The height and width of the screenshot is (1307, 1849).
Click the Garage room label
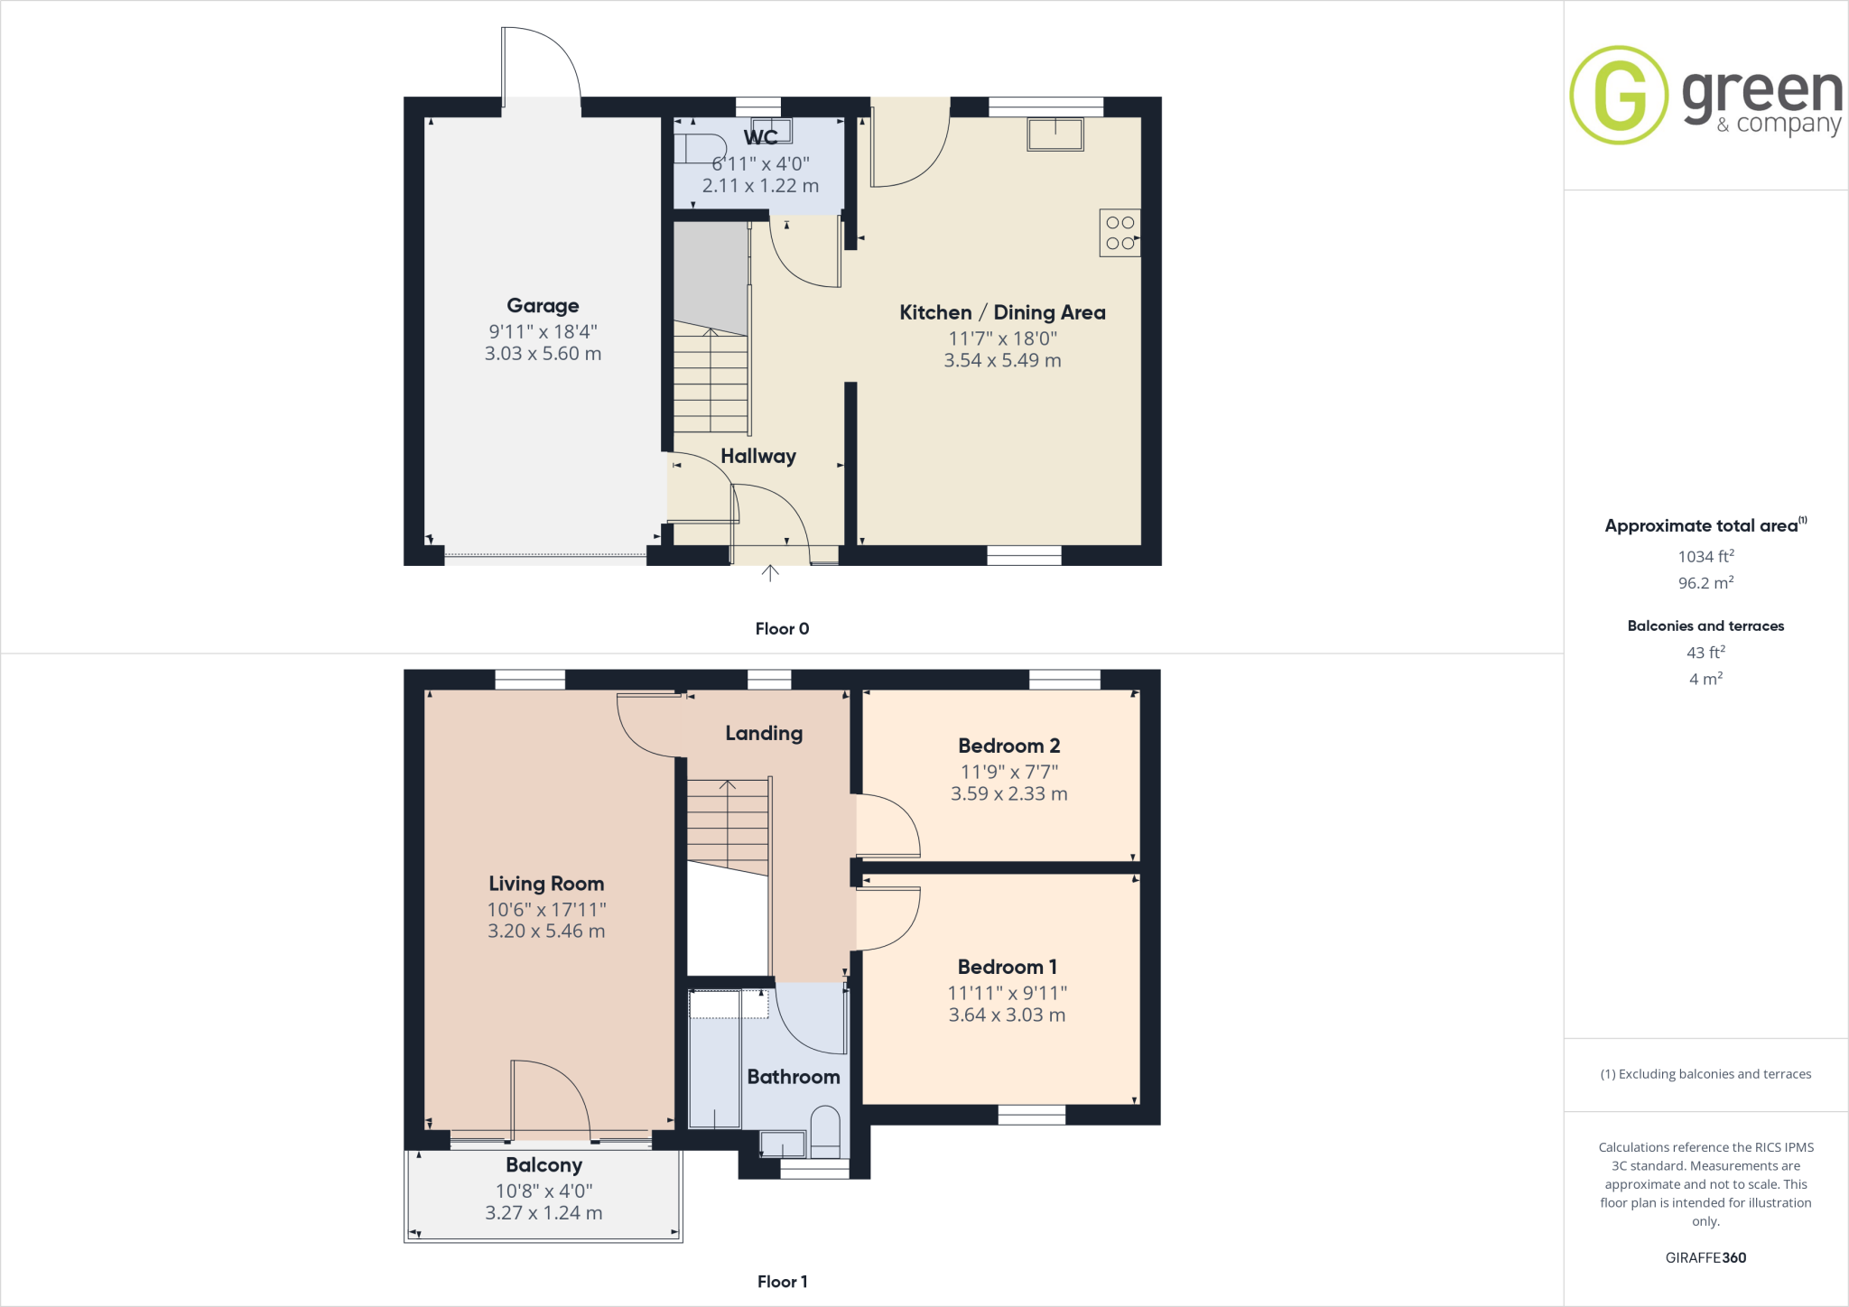point(543,306)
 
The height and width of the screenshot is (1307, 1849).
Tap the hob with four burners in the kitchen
point(1120,233)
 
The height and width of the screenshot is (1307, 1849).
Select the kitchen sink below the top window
point(1055,134)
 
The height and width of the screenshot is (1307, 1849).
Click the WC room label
point(760,137)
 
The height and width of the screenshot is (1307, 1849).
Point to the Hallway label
point(758,456)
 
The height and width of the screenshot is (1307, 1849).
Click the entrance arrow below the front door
point(770,572)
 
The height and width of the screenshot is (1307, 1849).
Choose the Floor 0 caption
point(782,629)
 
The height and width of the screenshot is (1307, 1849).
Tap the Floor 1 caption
point(782,1282)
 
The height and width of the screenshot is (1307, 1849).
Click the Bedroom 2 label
point(1008,746)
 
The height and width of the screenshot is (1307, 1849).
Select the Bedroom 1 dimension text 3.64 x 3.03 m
point(1007,1015)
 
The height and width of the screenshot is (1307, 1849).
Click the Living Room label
point(546,884)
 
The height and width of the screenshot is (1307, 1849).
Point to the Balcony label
point(544,1165)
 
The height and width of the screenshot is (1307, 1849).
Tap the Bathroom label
point(794,1077)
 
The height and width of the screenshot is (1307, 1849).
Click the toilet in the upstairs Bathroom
point(825,1133)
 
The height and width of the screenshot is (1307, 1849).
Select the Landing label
point(764,733)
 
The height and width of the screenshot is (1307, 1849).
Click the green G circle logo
point(1619,95)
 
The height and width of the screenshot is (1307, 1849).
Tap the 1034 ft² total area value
point(1705,557)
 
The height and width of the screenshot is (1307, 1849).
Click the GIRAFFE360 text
point(1705,1257)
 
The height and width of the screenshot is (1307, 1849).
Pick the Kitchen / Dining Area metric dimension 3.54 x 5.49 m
point(1002,360)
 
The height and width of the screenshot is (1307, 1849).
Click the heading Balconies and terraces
point(1705,626)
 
